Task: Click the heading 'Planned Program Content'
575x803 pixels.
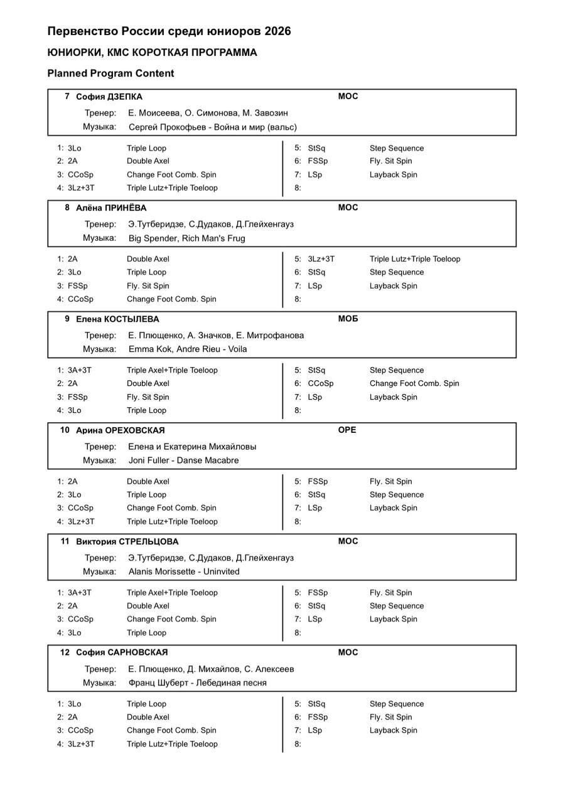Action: [110, 73]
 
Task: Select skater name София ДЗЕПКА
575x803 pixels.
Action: [109, 97]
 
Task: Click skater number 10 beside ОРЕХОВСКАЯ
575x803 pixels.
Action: [65, 430]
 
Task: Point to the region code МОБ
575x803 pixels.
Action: [348, 319]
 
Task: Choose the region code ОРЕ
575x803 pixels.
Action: [347, 430]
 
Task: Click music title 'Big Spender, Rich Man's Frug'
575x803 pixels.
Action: [187, 238]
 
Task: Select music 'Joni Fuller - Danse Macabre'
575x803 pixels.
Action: [183, 460]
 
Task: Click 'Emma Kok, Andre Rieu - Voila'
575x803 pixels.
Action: [188, 349]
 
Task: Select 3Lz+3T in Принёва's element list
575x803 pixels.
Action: [321, 259]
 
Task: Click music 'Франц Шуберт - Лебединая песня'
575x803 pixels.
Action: [198, 683]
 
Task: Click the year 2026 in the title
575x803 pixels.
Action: [277, 31]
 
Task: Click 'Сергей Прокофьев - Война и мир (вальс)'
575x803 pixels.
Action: [213, 127]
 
